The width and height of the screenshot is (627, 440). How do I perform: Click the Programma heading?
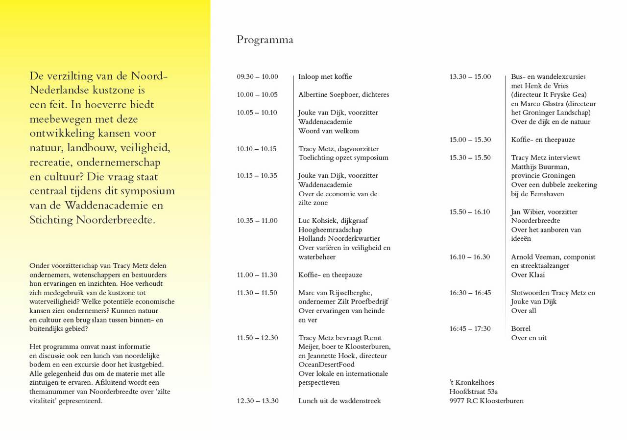(265, 40)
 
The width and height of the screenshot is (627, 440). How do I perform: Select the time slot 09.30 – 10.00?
(257, 77)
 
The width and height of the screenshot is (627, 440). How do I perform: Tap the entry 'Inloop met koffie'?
(325, 77)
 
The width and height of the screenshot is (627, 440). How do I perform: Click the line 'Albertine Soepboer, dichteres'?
(343, 95)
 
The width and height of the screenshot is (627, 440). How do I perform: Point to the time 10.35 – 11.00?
(257, 221)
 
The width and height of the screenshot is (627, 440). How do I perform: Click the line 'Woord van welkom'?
(328, 131)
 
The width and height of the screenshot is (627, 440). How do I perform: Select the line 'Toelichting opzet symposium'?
(343, 158)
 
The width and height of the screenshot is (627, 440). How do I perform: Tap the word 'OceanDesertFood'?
(326, 365)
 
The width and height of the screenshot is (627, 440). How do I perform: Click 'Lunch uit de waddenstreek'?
(339, 401)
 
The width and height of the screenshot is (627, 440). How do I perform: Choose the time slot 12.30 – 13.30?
(258, 401)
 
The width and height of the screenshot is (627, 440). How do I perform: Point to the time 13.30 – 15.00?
(470, 77)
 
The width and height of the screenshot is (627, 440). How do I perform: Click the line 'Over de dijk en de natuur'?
(551, 122)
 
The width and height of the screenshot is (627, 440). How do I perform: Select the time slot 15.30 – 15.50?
(470, 158)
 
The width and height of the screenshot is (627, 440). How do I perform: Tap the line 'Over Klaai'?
(528, 275)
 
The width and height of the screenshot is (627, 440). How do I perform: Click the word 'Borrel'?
(521, 329)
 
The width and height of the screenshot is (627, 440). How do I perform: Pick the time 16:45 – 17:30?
(470, 329)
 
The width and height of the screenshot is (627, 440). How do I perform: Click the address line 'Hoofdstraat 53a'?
(473, 392)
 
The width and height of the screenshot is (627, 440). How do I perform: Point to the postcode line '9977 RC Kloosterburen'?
(486, 401)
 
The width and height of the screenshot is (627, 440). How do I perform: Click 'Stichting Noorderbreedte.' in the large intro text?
(92, 220)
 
